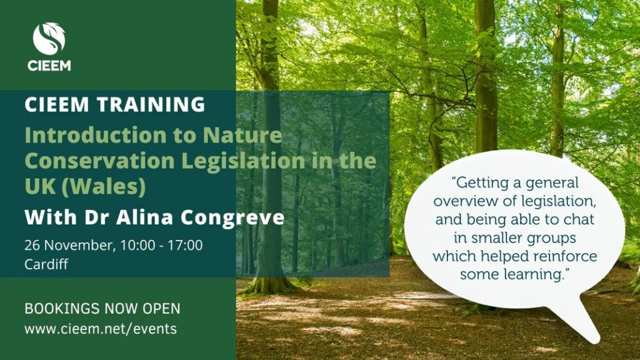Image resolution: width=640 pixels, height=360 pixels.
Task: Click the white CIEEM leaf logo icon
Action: tap(49, 38)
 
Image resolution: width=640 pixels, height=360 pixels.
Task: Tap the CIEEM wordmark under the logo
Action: tap(49, 66)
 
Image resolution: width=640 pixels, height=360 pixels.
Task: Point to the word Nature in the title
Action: tap(242, 135)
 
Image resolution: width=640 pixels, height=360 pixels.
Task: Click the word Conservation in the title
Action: tap(100, 161)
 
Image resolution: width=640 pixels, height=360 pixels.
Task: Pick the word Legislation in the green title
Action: tap(243, 161)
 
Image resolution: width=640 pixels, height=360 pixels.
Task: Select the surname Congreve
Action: tap(232, 218)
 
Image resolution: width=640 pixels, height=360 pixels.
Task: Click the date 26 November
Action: tap(67, 245)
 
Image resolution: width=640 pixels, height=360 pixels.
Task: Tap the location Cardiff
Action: tap(46, 264)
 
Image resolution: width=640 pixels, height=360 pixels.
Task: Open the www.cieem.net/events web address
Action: tap(101, 329)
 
